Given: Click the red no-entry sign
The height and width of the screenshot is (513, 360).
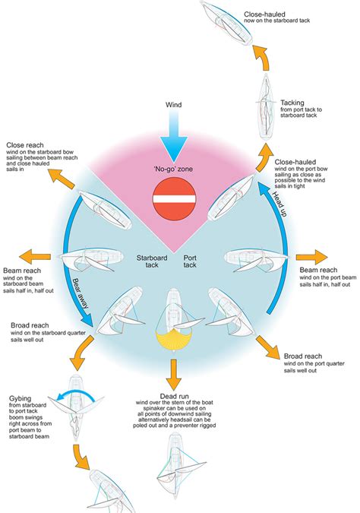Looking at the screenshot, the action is [174, 199].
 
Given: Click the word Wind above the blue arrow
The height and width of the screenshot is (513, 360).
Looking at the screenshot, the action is [174, 105].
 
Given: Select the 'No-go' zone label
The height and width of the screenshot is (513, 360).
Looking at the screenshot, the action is [173, 169].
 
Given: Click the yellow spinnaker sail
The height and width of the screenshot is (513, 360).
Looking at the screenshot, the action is [174, 340].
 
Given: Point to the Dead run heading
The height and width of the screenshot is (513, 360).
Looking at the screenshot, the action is [174, 396].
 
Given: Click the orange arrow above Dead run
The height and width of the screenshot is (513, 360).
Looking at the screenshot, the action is [173, 374].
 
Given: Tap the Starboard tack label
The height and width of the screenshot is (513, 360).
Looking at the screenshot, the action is [152, 261].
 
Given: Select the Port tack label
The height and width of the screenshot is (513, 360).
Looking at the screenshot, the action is [190, 261].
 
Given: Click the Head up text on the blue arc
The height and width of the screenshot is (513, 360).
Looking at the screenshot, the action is [280, 204].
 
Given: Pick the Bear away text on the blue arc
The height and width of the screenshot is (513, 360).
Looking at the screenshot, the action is [80, 293].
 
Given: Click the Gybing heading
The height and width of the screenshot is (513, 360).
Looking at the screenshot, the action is [20, 398].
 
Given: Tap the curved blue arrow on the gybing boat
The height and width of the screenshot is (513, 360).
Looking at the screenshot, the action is [75, 395].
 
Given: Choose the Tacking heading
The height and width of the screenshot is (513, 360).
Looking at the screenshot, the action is [292, 103].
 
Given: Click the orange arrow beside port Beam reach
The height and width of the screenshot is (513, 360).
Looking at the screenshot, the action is [311, 257].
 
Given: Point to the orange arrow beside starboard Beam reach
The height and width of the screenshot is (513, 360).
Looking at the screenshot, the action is [35, 257].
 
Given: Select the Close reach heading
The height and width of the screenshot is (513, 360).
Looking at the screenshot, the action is [25, 145].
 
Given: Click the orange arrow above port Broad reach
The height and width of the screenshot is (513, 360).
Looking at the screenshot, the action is [268, 347].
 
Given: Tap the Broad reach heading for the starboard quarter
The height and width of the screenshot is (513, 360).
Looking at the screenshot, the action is [30, 325].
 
